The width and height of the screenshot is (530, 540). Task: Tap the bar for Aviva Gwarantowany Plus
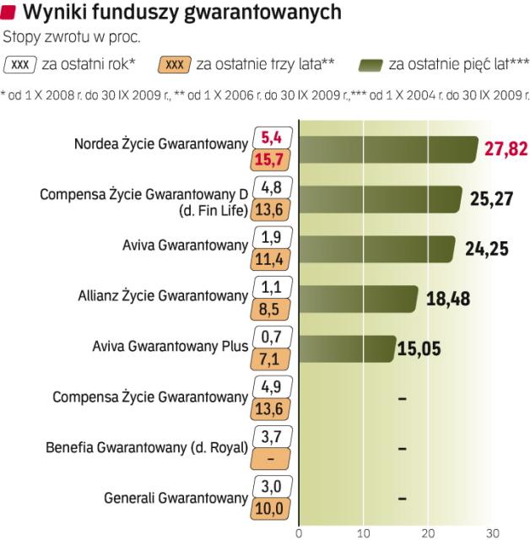click(347, 348)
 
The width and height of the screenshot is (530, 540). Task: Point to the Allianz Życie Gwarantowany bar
click(359, 299)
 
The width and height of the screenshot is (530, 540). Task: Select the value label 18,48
click(448, 299)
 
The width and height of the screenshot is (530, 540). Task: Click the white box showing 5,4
click(272, 136)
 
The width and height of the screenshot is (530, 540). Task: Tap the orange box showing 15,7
click(272, 159)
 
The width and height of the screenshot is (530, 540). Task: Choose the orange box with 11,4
click(272, 260)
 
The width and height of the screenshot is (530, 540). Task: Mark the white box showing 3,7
click(272, 435)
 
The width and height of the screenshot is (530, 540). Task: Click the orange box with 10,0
click(272, 509)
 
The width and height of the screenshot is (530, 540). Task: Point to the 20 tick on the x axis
click(427, 532)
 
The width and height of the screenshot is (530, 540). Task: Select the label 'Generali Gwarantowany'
click(176, 497)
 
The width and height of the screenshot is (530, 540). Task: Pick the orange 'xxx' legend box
click(174, 64)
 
